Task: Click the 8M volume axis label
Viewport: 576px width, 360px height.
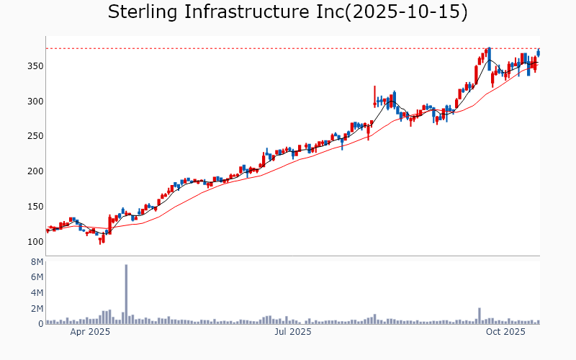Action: (35, 261)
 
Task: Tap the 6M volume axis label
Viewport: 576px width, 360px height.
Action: (35, 277)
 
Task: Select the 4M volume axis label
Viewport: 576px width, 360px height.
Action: (35, 293)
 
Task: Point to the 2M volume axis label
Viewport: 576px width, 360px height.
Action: (35, 309)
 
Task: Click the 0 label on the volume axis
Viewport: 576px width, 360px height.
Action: (40, 324)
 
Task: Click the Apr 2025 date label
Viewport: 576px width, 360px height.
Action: (90, 332)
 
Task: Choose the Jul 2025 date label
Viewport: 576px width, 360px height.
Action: (292, 332)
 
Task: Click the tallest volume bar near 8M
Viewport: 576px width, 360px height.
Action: (126, 294)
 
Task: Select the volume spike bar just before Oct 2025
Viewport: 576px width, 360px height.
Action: (479, 316)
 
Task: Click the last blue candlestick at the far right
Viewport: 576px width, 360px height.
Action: (539, 52)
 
